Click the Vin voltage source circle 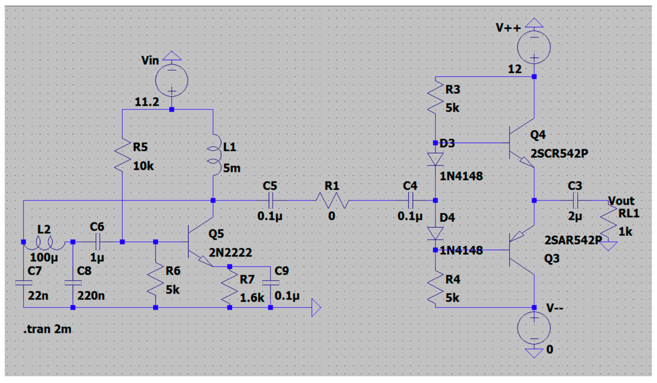point(171,80)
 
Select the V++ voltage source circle point(534,47)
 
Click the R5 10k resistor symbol point(122,155)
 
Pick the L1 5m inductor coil point(214,155)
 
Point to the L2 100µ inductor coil point(44,243)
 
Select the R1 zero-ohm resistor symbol point(332,200)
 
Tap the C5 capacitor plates point(270,200)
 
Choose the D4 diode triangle point(435,233)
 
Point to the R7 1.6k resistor point(229,287)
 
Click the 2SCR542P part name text point(559,153)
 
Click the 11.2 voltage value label point(146,102)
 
